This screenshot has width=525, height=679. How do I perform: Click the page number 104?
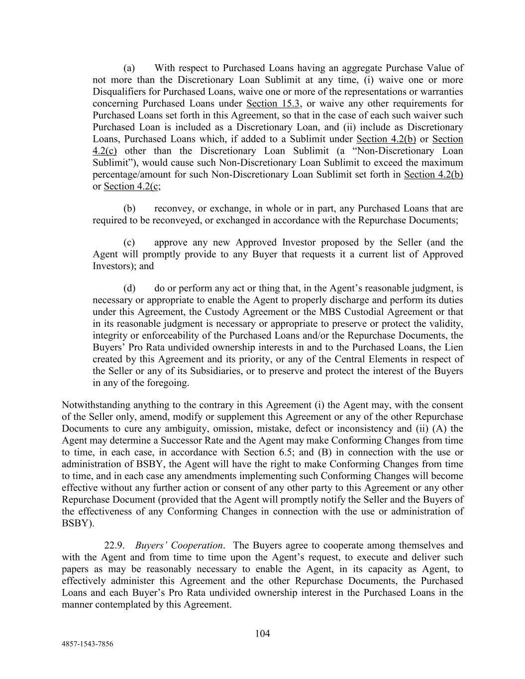tap(262, 633)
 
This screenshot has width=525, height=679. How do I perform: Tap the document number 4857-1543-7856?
tap(87, 644)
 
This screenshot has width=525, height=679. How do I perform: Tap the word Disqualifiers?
tap(118, 92)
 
